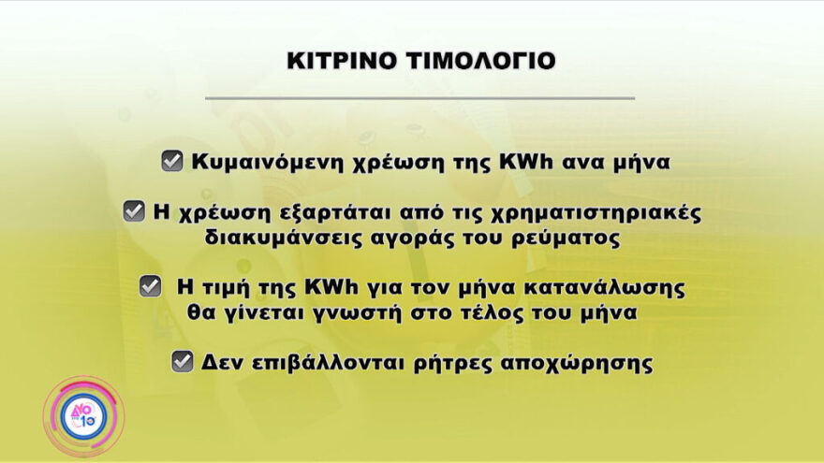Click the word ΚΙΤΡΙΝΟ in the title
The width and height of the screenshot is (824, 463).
click(x=340, y=61)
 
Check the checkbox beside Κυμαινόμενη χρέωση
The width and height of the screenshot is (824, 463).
click(x=171, y=161)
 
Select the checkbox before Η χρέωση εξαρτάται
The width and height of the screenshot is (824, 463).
click(x=134, y=211)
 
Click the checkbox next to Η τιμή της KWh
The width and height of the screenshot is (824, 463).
click(x=150, y=286)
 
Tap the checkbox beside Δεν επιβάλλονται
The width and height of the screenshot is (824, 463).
click(x=183, y=361)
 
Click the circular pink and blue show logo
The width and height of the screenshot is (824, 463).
click(x=82, y=416)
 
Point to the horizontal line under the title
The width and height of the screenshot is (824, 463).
click(x=419, y=97)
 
